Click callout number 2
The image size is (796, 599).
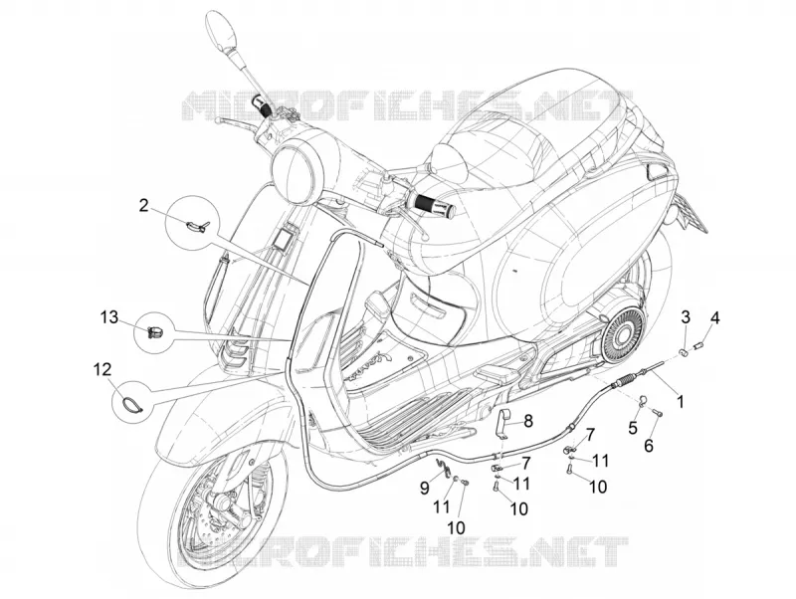tap(144, 206)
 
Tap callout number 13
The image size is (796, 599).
tap(109, 317)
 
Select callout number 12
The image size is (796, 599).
tap(102, 369)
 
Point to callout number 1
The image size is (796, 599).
tap(680, 403)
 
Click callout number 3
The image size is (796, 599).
tap(686, 318)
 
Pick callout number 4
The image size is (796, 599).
tap(714, 318)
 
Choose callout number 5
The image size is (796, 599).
tap(633, 428)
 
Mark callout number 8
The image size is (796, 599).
tap(528, 421)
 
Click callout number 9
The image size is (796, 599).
tap(425, 489)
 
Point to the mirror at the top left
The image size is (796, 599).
tap(222, 31)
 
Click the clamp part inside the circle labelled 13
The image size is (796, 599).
tap(153, 332)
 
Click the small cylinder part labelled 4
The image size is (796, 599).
tap(699, 346)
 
